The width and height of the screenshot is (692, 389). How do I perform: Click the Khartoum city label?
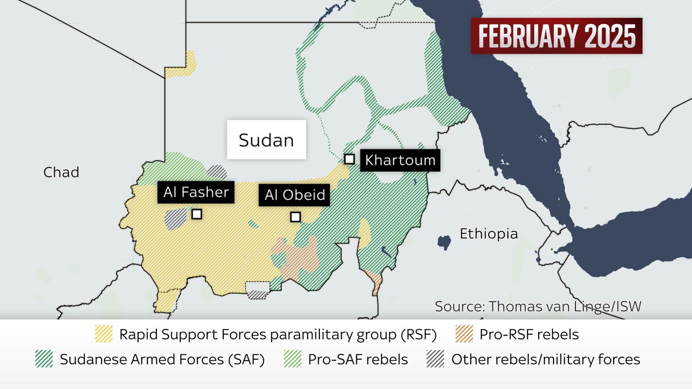click(x=400, y=160)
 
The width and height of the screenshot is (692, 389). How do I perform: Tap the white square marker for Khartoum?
click(x=349, y=159)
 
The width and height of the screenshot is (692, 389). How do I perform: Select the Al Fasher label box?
click(x=196, y=192)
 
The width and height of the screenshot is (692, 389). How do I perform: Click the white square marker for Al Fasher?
click(x=197, y=214)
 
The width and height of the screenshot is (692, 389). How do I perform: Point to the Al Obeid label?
click(x=294, y=195)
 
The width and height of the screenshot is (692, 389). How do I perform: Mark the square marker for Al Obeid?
click(x=295, y=217)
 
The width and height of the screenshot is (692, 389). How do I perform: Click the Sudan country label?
click(x=266, y=140)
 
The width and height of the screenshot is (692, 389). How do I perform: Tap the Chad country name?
click(x=61, y=172)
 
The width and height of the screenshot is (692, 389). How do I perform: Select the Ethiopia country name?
click(x=489, y=234)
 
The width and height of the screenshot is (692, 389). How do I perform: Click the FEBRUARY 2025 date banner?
click(x=557, y=36)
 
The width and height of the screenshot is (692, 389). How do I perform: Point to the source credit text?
click(x=538, y=306)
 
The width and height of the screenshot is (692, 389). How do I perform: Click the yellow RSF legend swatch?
click(x=104, y=334)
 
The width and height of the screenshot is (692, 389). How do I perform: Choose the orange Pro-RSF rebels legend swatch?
click(x=464, y=334)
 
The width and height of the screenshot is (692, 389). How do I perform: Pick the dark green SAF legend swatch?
click(x=44, y=359)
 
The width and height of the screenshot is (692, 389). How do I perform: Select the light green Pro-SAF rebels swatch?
click(x=292, y=359)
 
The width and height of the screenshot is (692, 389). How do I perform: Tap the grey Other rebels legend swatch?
click(x=435, y=359)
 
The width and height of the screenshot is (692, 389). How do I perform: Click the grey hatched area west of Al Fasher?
click(x=175, y=219)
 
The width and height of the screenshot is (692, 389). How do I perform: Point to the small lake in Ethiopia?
click(x=444, y=242)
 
